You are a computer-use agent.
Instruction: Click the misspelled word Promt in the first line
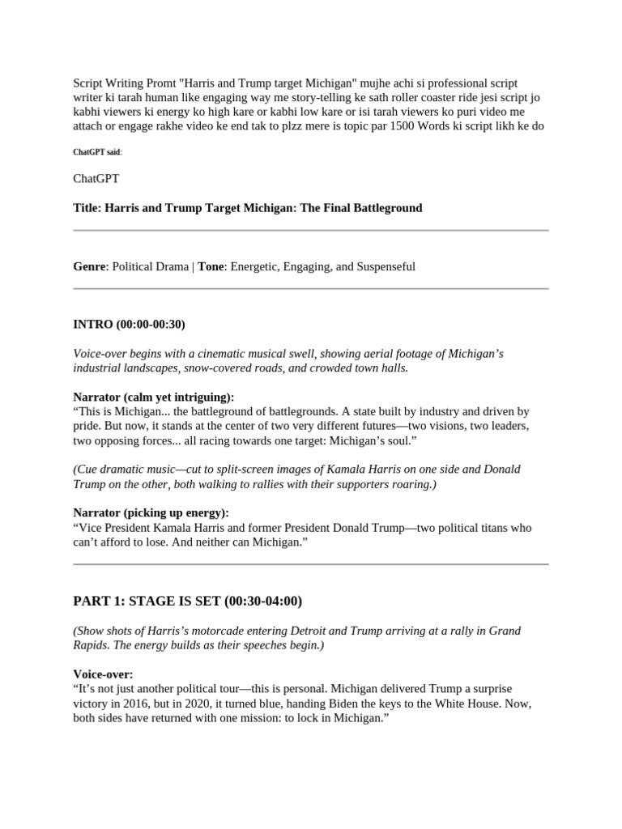[164, 84]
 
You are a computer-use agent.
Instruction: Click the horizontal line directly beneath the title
[311, 231]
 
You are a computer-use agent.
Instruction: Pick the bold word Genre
[89, 266]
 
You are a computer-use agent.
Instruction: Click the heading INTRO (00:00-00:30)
[129, 325]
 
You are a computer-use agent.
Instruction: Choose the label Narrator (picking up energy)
[151, 512]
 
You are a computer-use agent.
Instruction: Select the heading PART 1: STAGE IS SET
[187, 602]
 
